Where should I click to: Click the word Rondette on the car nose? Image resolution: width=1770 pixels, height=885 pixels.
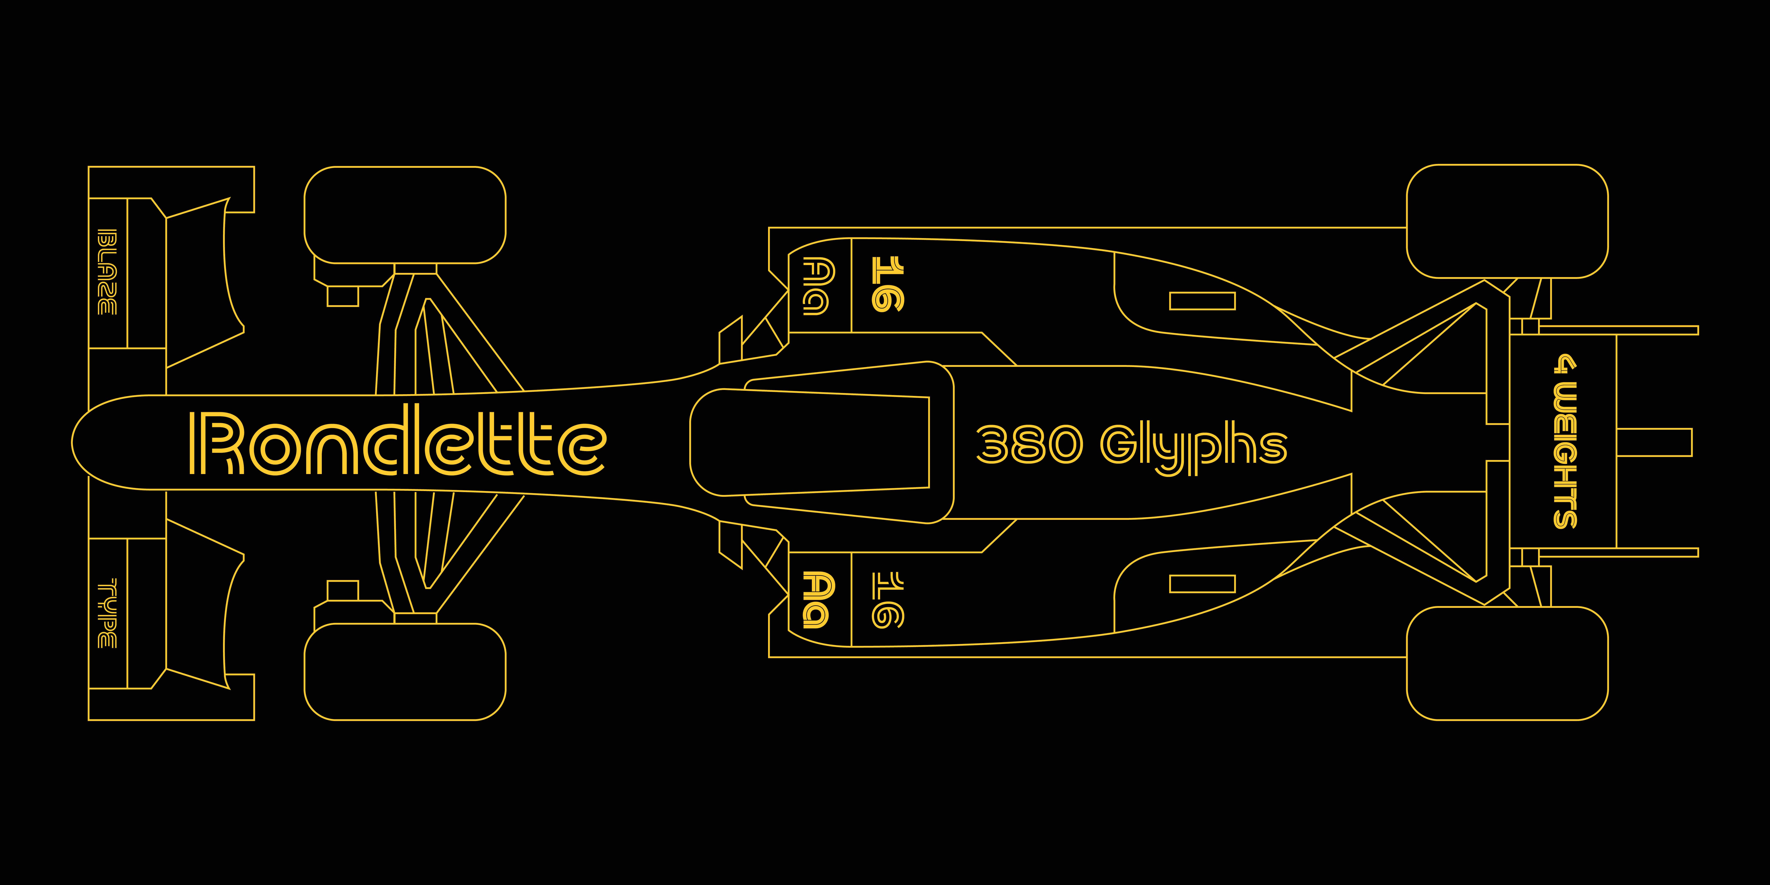(x=397, y=443)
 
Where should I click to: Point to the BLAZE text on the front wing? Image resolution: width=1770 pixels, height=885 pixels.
(x=106, y=272)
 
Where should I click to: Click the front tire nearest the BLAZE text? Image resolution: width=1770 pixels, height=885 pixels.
(x=405, y=214)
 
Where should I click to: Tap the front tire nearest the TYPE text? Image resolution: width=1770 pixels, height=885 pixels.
(x=405, y=671)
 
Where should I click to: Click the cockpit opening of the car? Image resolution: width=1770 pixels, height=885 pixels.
(x=811, y=443)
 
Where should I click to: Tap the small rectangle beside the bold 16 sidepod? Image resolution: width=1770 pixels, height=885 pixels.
(x=1202, y=301)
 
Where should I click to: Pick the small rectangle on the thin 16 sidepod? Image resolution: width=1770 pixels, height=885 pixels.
(x=1202, y=584)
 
